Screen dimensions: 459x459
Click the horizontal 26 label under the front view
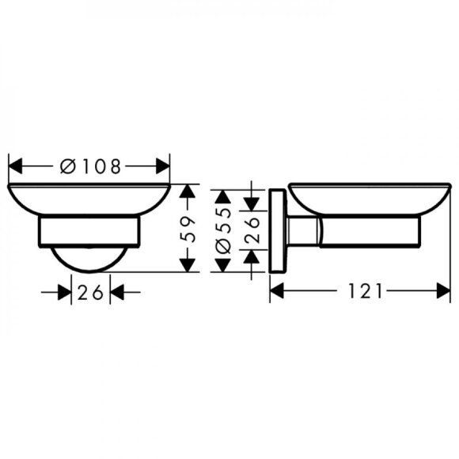click(x=90, y=292)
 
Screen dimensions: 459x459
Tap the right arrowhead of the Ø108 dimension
click(x=164, y=166)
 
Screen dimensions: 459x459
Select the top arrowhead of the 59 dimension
click(x=188, y=192)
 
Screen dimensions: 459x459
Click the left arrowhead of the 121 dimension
click(x=278, y=292)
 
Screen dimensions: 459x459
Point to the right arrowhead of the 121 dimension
click(x=443, y=292)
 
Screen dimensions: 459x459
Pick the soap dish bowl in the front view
click(x=89, y=199)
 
